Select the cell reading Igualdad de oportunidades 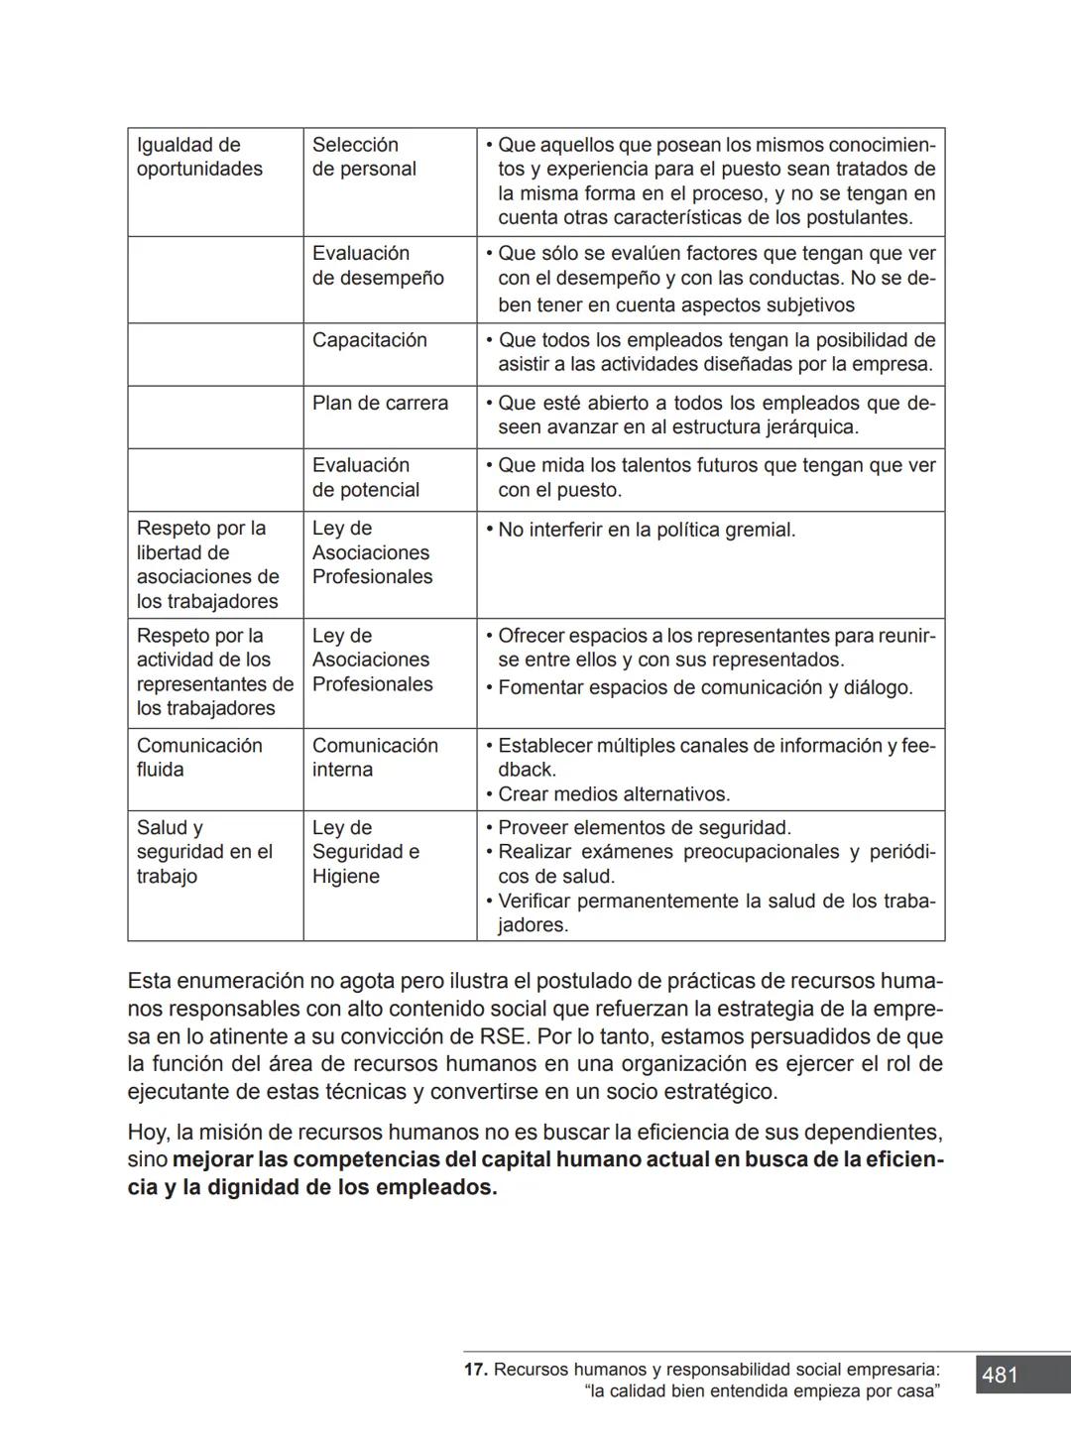coord(199,157)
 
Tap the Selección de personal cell coord(364,157)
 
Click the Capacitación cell coord(369,340)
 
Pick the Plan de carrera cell coord(380,403)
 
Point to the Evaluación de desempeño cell coord(377,266)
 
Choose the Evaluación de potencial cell coord(365,477)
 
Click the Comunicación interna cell coord(374,758)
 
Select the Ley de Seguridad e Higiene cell coord(365,852)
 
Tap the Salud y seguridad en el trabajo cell coord(203,852)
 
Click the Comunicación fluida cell coord(198,758)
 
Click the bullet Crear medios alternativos coord(613,794)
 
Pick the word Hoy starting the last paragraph coord(147,1133)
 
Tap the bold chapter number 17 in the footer coord(475,1370)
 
